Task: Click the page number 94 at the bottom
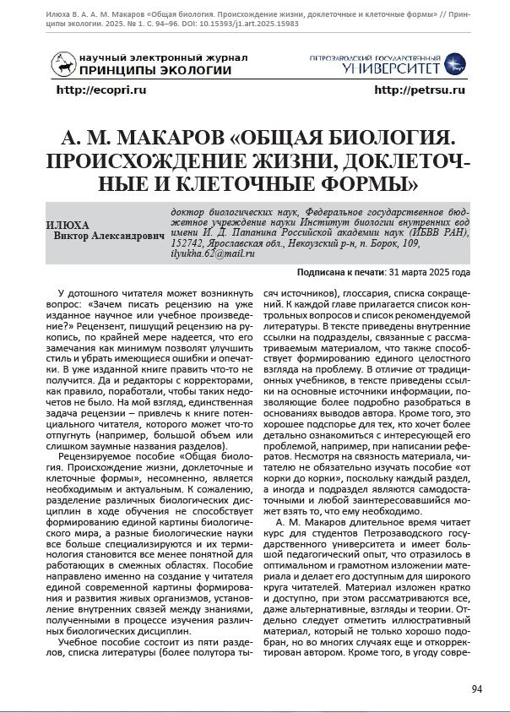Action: [476, 689]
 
